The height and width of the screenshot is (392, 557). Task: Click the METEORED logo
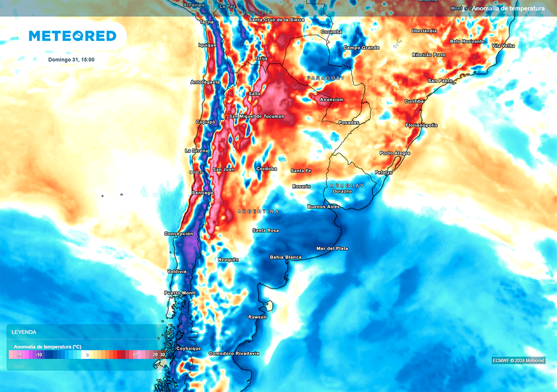(x=72, y=36)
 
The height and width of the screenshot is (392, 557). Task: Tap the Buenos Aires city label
(x=324, y=207)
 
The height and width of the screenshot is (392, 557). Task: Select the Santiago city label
(x=202, y=193)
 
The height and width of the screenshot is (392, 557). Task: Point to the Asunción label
(x=331, y=100)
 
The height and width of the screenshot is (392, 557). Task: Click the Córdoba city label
(x=267, y=169)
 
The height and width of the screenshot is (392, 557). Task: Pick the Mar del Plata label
(x=332, y=249)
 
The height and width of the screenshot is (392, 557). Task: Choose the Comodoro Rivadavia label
(x=234, y=354)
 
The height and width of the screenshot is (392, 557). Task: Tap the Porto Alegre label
(x=395, y=154)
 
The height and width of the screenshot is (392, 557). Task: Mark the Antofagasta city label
(x=205, y=82)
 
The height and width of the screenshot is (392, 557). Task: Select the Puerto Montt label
(x=180, y=293)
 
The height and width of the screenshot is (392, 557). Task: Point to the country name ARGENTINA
(x=258, y=211)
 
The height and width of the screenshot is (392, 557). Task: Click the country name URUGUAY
(x=347, y=186)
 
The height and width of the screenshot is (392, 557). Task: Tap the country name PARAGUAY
(x=325, y=78)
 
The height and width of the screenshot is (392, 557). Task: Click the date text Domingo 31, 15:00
(x=71, y=59)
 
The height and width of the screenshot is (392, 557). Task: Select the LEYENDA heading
(x=24, y=332)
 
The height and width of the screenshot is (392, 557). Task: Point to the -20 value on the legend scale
(x=18, y=355)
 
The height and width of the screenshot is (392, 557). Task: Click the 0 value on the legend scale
(x=87, y=355)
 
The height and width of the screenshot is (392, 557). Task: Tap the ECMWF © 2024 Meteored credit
(x=518, y=360)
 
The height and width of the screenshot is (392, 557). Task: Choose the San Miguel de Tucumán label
(x=257, y=117)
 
